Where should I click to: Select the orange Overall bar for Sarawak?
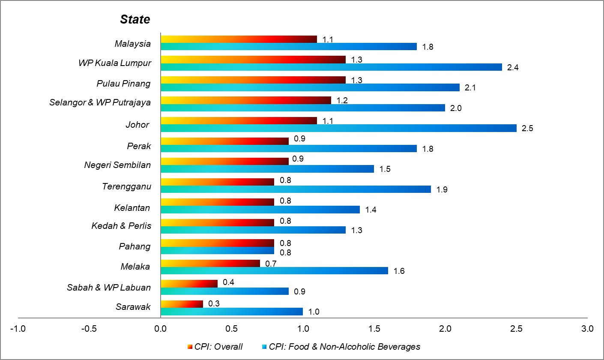182,304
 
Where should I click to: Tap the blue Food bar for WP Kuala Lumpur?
331,67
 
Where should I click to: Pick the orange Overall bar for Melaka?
210,263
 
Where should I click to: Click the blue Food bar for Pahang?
217,250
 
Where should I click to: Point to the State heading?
135,19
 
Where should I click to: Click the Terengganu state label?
126,186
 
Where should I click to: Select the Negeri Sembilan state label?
117,165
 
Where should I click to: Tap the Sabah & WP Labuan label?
109,287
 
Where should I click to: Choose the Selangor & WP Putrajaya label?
100,102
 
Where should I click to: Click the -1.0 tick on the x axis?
18,329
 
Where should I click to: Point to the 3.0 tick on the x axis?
587,329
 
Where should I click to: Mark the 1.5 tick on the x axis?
374,329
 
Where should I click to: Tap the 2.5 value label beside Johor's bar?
527,129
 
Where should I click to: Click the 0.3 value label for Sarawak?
214,303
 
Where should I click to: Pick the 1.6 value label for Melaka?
399,271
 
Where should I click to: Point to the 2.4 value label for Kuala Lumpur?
513,67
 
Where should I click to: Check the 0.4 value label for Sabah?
228,283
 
